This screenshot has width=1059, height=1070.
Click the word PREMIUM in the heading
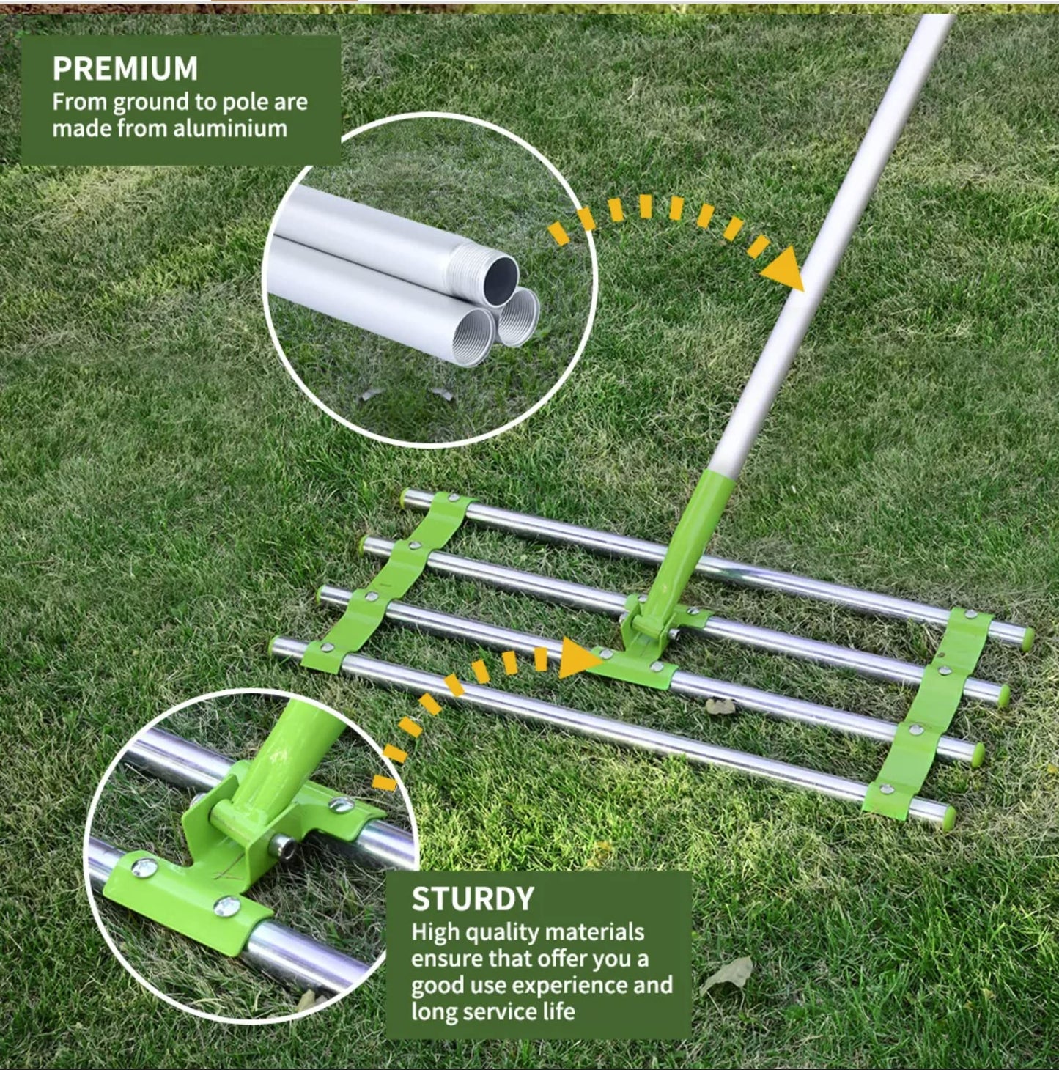tap(125, 69)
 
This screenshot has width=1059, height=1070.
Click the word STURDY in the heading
tap(473, 899)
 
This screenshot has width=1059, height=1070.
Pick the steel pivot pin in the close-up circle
tap(281, 847)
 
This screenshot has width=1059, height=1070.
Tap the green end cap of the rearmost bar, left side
tap(405, 498)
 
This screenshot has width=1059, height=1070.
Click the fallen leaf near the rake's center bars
tap(720, 706)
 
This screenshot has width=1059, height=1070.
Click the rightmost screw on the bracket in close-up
tap(341, 805)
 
